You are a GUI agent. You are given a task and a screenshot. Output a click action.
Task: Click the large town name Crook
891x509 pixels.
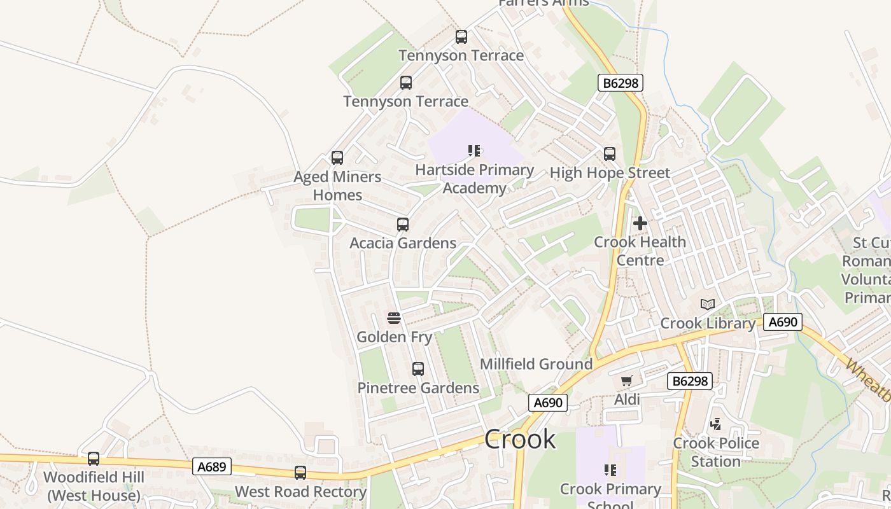click(520, 439)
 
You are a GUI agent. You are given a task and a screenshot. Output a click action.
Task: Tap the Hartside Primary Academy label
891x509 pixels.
click(474, 179)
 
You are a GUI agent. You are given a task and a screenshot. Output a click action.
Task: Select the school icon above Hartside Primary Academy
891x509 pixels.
click(474, 151)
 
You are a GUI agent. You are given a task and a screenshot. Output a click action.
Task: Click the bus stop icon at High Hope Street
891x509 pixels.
click(610, 153)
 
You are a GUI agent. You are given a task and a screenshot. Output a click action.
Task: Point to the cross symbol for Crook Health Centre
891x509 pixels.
click(640, 223)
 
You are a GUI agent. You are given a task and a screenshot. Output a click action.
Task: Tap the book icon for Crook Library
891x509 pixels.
click(708, 304)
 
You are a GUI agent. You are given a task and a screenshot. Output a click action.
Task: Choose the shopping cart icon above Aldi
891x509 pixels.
click(627, 381)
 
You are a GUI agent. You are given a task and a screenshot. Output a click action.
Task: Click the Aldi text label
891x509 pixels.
click(627, 400)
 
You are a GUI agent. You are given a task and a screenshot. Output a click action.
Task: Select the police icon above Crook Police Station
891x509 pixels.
click(716, 424)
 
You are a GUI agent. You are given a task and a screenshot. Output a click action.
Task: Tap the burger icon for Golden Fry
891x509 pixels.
click(394, 318)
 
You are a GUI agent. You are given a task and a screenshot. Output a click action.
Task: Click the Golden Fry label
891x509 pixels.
click(394, 337)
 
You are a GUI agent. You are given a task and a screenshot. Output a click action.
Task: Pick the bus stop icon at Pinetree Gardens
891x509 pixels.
click(418, 369)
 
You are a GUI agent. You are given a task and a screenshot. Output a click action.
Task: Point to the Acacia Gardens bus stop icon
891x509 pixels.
click(403, 224)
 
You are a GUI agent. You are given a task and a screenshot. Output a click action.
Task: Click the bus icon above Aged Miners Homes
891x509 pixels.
click(337, 158)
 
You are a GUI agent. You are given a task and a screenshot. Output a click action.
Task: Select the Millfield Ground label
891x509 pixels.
click(536, 364)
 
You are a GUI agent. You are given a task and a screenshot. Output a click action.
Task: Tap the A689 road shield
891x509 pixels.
click(211, 467)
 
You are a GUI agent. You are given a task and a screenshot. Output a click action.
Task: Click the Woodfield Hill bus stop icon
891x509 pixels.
click(94, 458)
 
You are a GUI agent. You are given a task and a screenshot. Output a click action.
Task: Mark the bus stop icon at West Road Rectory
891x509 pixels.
click(300, 473)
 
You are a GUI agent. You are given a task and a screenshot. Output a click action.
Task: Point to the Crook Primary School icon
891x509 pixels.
click(610, 470)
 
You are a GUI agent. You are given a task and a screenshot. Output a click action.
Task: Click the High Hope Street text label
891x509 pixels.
click(610, 172)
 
